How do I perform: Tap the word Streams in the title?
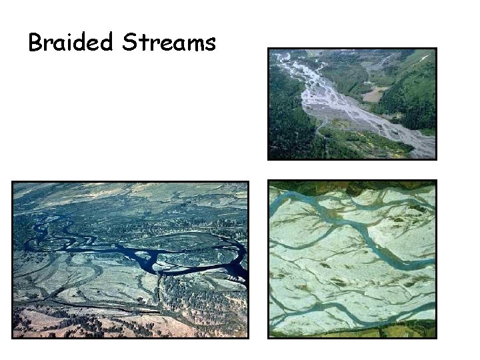pos(169,43)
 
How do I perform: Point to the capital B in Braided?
pos(35,43)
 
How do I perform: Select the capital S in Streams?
pos(129,43)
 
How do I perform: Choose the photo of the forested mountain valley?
pos(352,103)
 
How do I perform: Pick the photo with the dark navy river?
pos(130,260)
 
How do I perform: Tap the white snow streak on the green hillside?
pos(424,59)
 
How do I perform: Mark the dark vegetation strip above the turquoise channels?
pos(352,186)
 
